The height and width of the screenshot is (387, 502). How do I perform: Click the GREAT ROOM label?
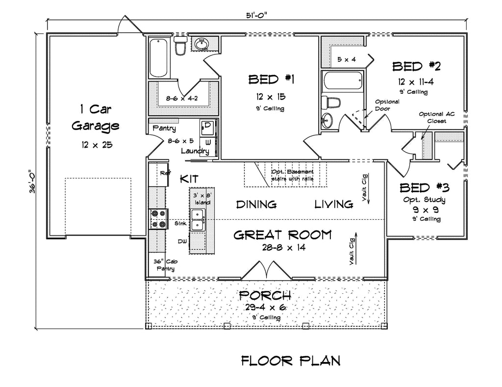pos(282,235)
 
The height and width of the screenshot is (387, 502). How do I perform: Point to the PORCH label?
pos(265,295)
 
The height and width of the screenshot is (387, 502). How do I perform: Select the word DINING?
pos(256,204)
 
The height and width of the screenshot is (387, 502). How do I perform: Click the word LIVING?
pos(334,204)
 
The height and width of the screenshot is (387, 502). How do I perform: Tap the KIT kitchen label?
pos(189,178)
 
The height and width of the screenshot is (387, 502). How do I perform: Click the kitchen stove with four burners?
pos(158,219)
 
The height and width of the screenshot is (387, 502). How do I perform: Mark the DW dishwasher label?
pos(181,241)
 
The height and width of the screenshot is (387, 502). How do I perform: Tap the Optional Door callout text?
pos(387,105)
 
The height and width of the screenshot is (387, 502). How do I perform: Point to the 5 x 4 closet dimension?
pos(347,59)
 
